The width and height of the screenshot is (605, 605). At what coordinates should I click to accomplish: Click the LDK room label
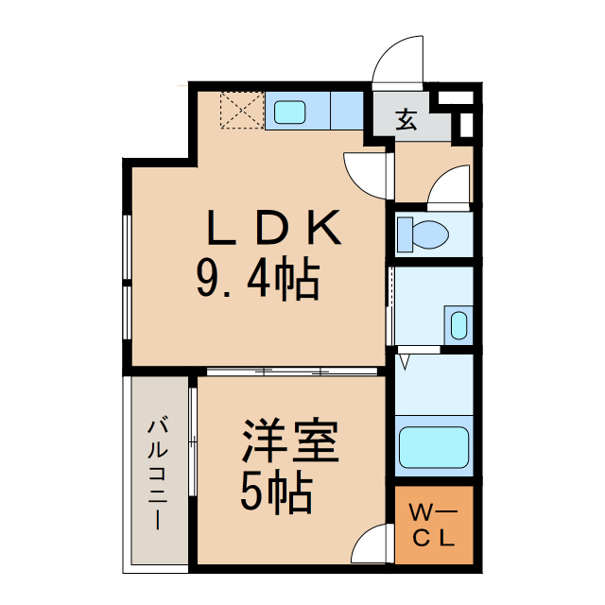click(x=271, y=228)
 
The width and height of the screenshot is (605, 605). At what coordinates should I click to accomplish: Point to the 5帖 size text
click(x=276, y=492)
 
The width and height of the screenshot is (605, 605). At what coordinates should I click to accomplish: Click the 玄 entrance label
click(x=406, y=120)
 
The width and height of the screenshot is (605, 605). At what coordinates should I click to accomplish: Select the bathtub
click(x=434, y=447)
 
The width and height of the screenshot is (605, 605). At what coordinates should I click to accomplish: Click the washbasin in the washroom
click(x=458, y=323)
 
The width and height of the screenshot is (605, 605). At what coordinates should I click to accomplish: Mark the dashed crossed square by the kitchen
click(x=242, y=110)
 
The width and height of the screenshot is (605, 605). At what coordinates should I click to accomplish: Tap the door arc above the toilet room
click(x=449, y=185)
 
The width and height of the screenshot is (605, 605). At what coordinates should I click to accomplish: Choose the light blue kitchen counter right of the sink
click(x=347, y=111)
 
